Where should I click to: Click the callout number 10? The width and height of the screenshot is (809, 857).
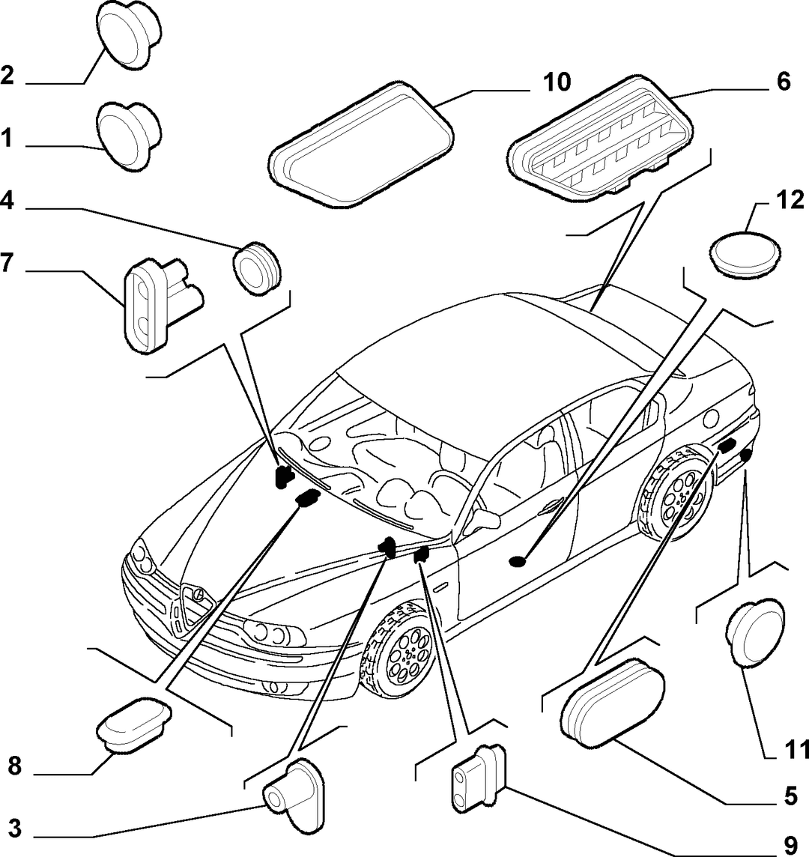coord(557,82)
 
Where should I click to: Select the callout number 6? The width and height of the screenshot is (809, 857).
coord(784,82)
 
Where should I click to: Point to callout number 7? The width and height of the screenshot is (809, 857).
coord(7,263)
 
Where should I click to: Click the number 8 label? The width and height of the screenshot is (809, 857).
coord(15,766)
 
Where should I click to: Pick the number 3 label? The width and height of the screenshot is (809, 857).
coord(15,829)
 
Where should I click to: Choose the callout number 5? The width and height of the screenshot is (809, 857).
coord(790,797)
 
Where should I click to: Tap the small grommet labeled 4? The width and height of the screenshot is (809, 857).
coord(256,268)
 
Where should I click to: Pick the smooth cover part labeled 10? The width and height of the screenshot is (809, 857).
coord(361,144)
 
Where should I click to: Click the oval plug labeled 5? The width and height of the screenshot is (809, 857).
coord(612,703)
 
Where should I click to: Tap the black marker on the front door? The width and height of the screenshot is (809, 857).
coord(517,561)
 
